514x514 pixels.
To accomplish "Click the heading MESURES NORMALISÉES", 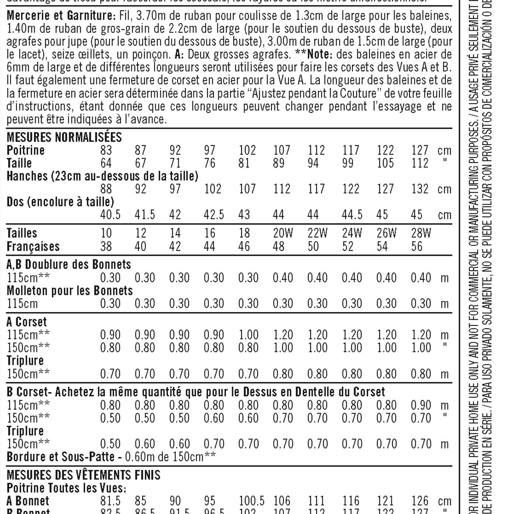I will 64,137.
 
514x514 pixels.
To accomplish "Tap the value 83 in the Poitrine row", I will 106,150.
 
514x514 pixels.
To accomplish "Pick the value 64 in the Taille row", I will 106,163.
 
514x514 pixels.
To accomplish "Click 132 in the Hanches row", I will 420,189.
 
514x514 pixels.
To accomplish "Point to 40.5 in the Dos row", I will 110,215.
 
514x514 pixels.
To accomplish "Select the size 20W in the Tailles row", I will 283,233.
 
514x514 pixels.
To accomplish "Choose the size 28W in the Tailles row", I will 421,233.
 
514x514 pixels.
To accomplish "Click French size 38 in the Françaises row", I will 106,246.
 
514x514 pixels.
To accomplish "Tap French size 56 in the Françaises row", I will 417,246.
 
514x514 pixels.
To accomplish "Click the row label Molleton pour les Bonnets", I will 70,291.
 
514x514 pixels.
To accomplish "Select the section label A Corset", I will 27,322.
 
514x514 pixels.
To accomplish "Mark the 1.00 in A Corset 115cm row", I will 248,335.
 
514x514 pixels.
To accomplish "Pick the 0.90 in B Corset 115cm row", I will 421,405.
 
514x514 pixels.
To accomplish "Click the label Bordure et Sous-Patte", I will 61,457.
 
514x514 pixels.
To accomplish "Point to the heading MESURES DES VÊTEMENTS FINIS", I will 83,475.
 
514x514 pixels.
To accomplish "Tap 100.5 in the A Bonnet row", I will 252,501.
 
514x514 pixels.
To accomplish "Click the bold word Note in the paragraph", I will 319,54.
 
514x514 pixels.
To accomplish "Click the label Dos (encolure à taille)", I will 60,202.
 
